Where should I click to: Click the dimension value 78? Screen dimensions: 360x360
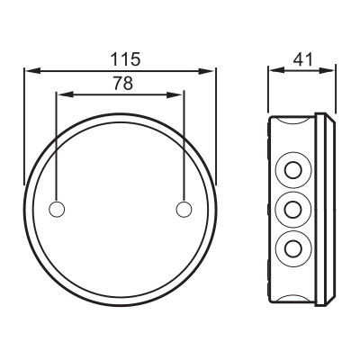pyautogui.click(x=120, y=82)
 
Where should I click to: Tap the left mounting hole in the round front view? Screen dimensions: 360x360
pyautogui.click(x=56, y=209)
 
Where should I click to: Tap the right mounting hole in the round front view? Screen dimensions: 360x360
pyautogui.click(x=184, y=209)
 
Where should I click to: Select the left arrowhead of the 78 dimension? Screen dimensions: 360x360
pyautogui.click(x=60, y=93)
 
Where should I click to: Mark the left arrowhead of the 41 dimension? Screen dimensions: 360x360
pyautogui.click(x=274, y=68)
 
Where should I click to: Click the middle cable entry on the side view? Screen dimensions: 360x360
pyautogui.click(x=293, y=209)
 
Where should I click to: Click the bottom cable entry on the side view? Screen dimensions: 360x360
pyautogui.click(x=293, y=247)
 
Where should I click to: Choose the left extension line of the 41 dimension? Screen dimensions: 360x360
pyautogui.click(x=269, y=90)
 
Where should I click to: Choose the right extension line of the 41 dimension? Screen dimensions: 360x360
pyautogui.click(x=337, y=90)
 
